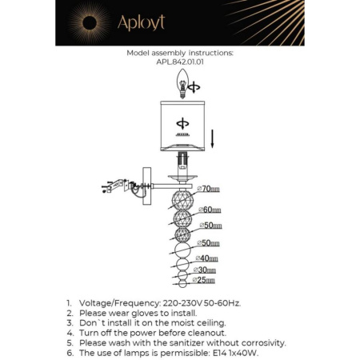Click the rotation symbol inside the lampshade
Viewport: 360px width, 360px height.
coord(181,124)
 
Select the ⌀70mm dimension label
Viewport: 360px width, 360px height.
coord(210,189)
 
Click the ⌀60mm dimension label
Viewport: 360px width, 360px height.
coord(210,210)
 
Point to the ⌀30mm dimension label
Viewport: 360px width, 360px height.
coord(206,270)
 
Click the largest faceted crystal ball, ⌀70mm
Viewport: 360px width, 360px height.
coord(182,198)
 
